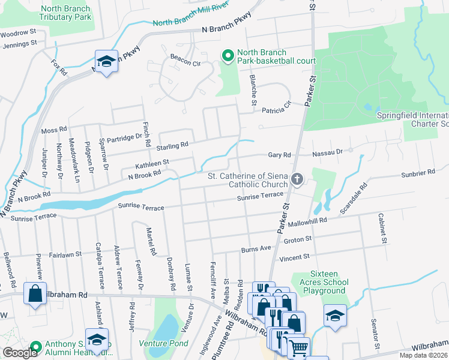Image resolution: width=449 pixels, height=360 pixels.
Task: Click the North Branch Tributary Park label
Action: [x=65, y=13]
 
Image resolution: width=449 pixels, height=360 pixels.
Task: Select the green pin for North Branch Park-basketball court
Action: [x=228, y=56]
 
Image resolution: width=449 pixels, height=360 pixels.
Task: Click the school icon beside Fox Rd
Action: [x=106, y=61]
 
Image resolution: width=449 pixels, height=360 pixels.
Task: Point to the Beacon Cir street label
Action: [x=185, y=62]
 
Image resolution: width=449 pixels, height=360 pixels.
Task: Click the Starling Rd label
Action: [x=172, y=145]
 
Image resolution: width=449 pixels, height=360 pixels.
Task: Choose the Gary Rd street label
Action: [x=279, y=155]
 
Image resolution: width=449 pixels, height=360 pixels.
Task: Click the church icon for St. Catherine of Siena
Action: [x=297, y=179]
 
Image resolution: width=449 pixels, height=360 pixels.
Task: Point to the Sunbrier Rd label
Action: [x=419, y=173]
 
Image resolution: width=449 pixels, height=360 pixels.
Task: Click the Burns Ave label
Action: [x=256, y=247]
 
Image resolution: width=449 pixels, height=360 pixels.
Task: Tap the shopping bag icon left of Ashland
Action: [x=35, y=294]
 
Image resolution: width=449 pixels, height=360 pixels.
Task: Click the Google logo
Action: [x=20, y=353]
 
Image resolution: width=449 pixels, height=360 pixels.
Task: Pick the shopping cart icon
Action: [x=298, y=346]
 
